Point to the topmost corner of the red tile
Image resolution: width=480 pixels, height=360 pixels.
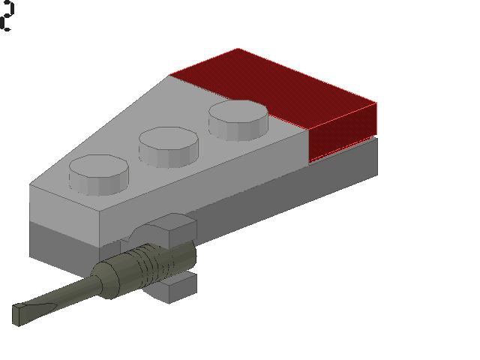pyautogui.click(x=238, y=49)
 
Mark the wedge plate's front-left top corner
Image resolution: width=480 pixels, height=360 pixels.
pyautogui.click(x=31, y=185)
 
